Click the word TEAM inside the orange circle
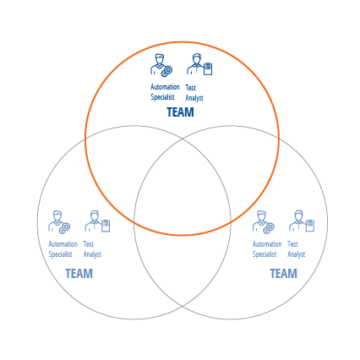180,112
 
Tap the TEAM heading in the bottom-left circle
79,274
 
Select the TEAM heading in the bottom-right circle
283,274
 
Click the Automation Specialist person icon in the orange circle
161,65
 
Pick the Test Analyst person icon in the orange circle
199,64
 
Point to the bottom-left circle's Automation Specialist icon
59,222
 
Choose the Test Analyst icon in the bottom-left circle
97,221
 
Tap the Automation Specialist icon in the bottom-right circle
264,222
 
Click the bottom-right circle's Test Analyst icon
302,221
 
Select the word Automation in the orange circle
165,87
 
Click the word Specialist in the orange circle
162,97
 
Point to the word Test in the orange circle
190,88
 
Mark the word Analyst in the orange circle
194,98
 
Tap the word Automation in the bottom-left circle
63,244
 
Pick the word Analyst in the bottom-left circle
92,254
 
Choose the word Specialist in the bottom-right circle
265,254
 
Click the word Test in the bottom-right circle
292,244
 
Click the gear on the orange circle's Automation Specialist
166,72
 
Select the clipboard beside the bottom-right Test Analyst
310,226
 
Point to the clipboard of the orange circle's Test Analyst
208,68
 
